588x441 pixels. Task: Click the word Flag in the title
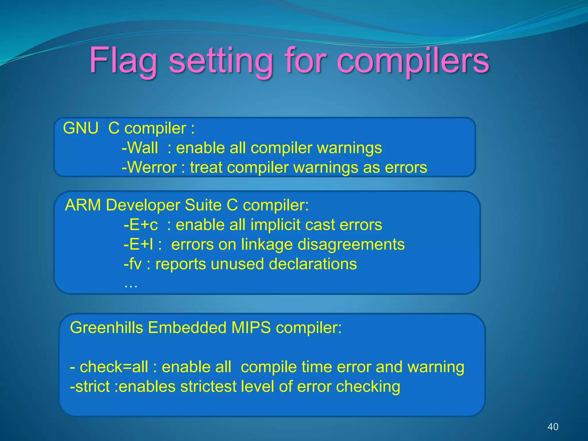tap(123, 61)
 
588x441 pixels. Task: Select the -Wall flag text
tap(140, 148)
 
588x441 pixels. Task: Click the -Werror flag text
tap(149, 168)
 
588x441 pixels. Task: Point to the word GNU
tap(81, 128)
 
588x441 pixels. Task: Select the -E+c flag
tap(141, 225)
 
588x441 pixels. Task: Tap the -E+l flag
tap(138, 245)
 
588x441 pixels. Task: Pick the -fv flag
tap(132, 264)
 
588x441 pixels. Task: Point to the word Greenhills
tap(106, 328)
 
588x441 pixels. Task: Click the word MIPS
tap(251, 328)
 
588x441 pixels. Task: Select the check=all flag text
tap(114, 367)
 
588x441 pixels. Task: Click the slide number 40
tap(553, 427)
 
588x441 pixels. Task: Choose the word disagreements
tap(351, 245)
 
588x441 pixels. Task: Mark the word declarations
tap(313, 264)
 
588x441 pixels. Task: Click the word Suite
tap(203, 205)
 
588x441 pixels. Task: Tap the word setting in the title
tap(220, 61)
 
